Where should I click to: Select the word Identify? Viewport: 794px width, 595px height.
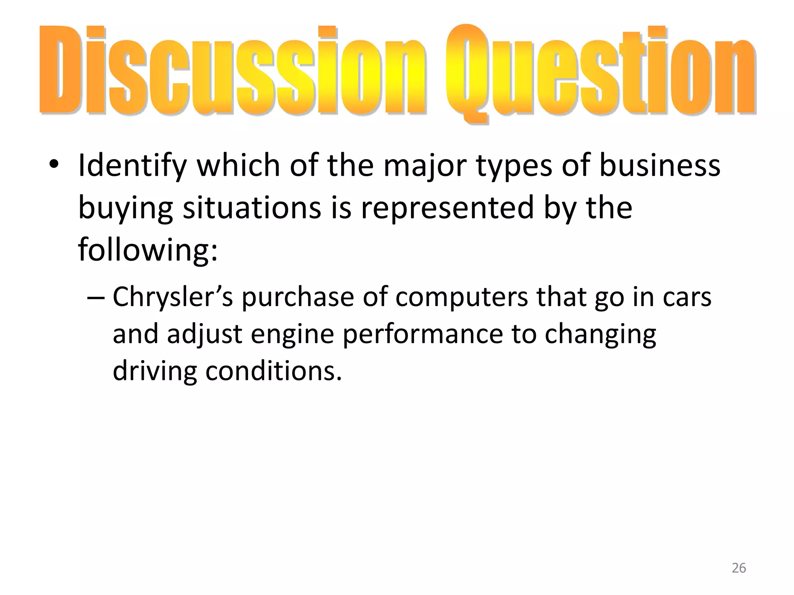click(x=132, y=166)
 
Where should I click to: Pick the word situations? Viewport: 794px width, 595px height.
click(x=252, y=208)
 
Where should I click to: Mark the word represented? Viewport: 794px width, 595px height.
click(x=448, y=208)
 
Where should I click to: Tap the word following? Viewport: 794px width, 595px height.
click(x=148, y=250)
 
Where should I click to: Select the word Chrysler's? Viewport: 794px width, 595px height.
click(x=173, y=297)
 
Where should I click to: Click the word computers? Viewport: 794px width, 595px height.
click(x=462, y=297)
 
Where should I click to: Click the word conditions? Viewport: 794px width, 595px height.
click(x=274, y=371)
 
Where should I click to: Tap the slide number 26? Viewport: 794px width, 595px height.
click(x=739, y=568)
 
